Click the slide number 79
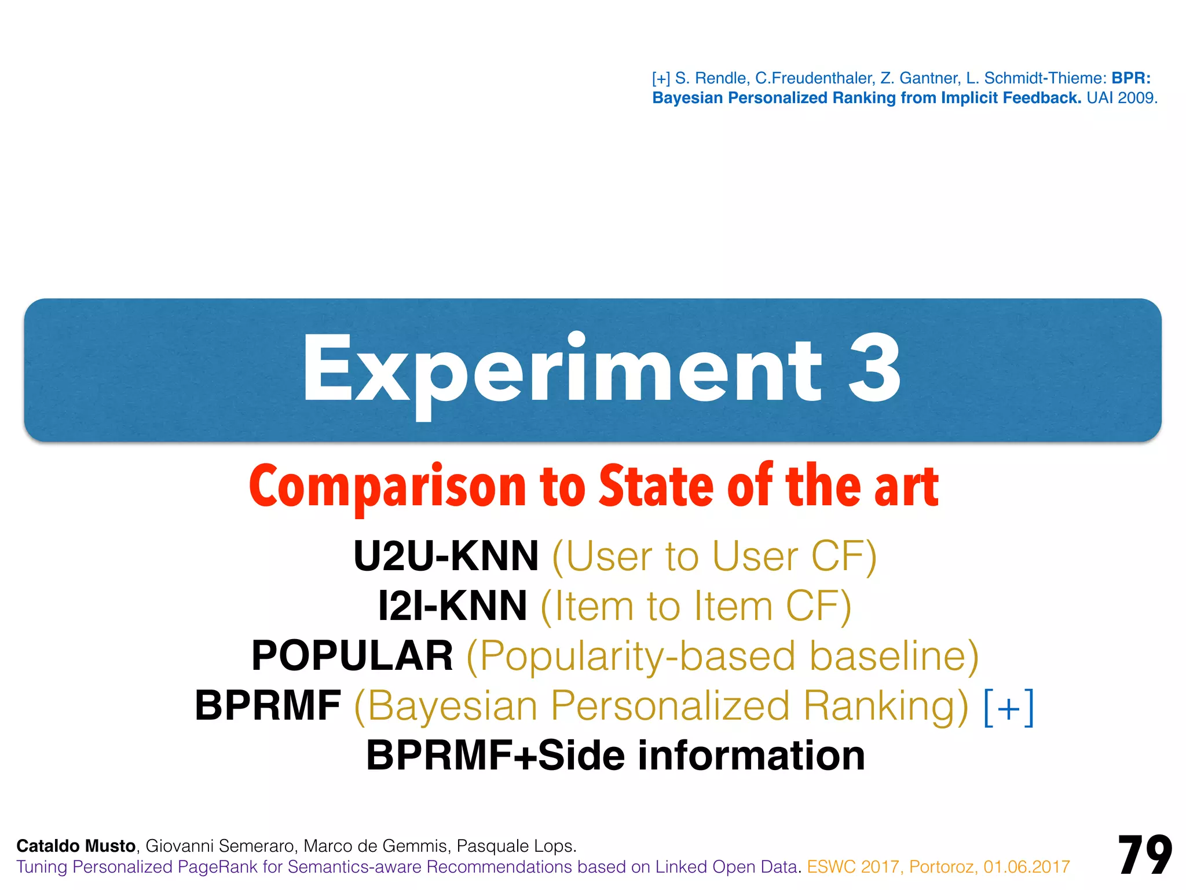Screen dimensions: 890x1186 pos(1144,856)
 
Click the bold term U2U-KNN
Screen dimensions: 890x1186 pos(446,556)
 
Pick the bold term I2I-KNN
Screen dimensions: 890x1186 pos(452,606)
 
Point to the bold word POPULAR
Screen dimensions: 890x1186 pos(352,656)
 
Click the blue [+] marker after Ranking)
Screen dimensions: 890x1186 pos(1009,706)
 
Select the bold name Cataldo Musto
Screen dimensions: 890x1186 pos(76,846)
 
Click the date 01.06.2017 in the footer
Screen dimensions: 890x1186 pos(1026,867)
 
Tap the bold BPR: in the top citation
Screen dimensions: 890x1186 pos(1130,78)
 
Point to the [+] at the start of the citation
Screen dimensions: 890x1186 pos(661,78)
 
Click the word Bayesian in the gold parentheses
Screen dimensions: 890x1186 pos(452,706)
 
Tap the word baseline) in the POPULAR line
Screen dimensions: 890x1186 pos(894,656)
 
